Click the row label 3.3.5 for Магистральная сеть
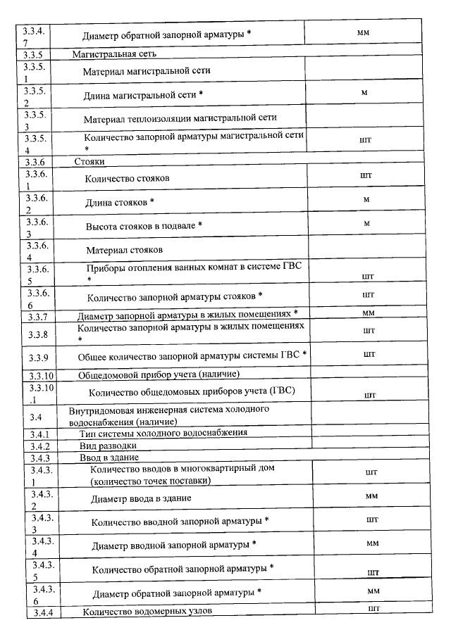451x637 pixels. click(x=35, y=53)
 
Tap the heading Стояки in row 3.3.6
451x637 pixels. click(x=89, y=161)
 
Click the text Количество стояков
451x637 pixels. click(x=127, y=179)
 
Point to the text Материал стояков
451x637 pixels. click(x=125, y=250)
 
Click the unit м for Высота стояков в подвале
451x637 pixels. click(x=366, y=223)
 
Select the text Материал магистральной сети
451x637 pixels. click(x=147, y=71)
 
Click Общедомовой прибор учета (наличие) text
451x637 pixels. click(x=159, y=374)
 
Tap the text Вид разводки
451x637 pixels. click(x=108, y=446)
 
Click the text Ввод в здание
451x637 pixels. click(x=109, y=458)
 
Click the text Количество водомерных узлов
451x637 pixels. click(x=148, y=612)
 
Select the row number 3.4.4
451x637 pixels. click(x=41, y=612)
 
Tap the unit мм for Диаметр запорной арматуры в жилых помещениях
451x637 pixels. click(x=368, y=313)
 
